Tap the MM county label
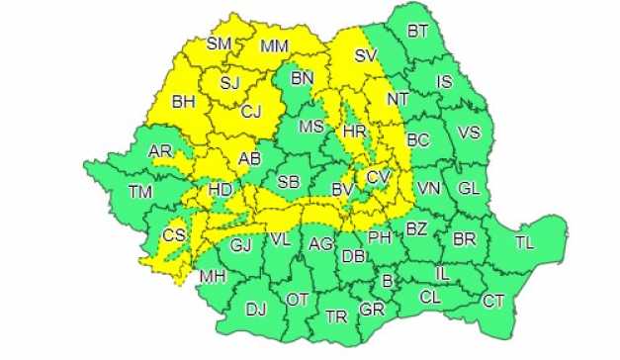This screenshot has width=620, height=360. click(274, 45)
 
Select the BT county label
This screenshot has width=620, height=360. click(418, 32)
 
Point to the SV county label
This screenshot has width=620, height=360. click(367, 55)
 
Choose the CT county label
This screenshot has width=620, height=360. click(492, 300)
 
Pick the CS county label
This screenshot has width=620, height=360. click(174, 234)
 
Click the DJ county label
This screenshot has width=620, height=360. click(256, 310)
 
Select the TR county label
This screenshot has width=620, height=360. click(336, 317)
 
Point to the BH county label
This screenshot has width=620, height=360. click(184, 100)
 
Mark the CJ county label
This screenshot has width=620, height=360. click(251, 111)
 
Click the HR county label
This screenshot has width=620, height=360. click(354, 130)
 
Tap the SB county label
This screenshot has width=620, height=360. click(289, 182)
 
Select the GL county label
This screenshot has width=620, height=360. click(468, 187)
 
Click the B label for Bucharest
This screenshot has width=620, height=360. click(388, 281)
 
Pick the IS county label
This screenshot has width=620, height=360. click(444, 82)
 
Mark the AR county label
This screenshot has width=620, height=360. click(159, 151)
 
